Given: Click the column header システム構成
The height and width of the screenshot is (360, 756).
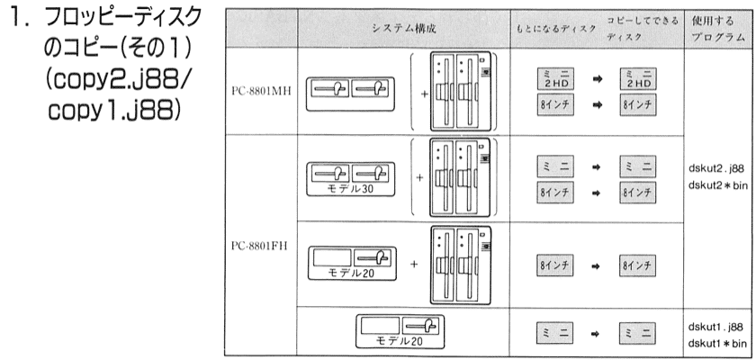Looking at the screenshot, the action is point(404,29).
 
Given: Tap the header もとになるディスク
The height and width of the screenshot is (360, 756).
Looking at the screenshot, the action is point(555,29).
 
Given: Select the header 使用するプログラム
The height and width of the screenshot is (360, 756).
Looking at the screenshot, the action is point(719,29).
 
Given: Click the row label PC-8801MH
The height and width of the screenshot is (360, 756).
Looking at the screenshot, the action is point(261,91).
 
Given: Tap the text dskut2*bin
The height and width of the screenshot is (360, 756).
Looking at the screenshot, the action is point(718,185).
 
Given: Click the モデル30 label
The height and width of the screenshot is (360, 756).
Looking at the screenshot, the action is point(351,189).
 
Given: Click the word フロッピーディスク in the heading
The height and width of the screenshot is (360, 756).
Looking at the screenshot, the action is point(122,19).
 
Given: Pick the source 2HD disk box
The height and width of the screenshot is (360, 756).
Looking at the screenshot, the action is point(555,78).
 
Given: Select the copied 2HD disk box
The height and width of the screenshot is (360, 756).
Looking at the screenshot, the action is point(638,78).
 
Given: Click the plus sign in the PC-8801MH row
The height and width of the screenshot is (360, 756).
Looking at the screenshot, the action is point(424,93).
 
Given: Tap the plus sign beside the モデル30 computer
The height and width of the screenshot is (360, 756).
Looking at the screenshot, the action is point(419,178).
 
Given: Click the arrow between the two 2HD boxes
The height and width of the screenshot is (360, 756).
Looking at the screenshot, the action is point(598,79).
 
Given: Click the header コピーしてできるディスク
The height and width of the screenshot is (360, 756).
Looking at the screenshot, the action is point(643,29).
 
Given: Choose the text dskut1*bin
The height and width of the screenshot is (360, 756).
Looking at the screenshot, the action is point(718,343).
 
